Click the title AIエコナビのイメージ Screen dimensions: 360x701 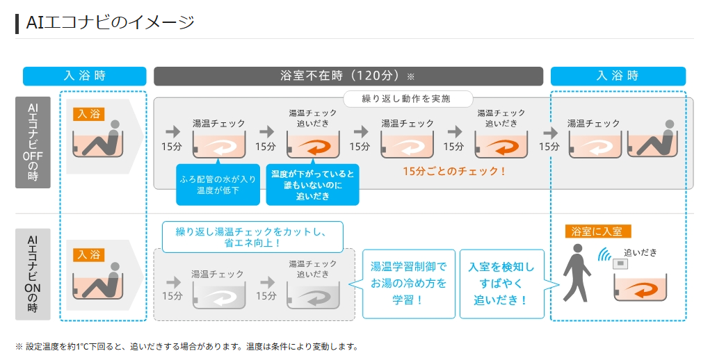click(x=110, y=22)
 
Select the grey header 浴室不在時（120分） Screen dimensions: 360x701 click(x=348, y=76)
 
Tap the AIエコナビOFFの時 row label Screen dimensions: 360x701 click(x=33, y=142)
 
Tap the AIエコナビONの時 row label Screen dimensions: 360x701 click(x=33, y=274)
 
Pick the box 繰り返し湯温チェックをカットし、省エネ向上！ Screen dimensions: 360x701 click(x=252, y=236)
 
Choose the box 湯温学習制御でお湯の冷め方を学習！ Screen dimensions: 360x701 click(x=409, y=283)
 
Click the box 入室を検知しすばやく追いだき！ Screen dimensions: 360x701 click(x=501, y=283)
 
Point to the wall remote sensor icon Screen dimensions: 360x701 click(x=620, y=263)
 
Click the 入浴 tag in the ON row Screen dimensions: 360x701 click(x=88, y=254)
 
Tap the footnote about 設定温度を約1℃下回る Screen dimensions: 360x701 click(x=186, y=346)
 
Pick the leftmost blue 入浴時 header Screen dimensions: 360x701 click(x=84, y=76)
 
